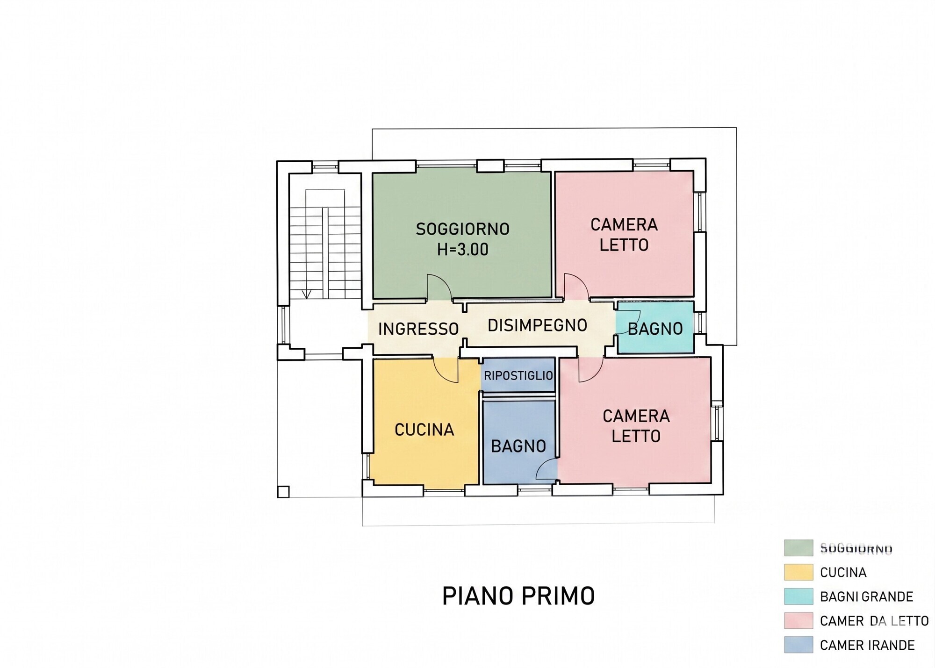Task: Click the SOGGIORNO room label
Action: point(462,229)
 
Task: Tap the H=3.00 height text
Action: point(462,250)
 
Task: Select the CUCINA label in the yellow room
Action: point(424,430)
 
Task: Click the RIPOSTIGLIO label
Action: point(518,375)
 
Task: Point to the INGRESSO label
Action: point(418,329)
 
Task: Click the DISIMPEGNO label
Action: point(537,325)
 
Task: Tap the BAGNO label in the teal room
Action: point(655,329)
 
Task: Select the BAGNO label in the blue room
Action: point(518,446)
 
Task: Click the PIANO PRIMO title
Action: point(518,596)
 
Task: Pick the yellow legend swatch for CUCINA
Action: point(798,572)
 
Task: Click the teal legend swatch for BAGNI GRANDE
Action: point(798,596)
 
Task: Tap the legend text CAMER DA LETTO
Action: point(874,621)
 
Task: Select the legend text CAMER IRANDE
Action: point(867,645)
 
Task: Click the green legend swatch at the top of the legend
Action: point(798,548)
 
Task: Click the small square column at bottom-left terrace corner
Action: point(283,492)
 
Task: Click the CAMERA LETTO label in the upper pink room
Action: point(624,235)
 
